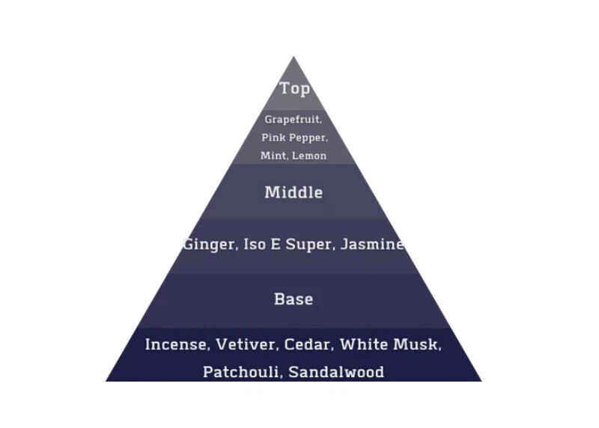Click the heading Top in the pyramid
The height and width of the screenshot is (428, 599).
pos(294,88)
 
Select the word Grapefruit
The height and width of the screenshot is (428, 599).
pos(292,120)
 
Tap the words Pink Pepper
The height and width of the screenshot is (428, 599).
pos(294,138)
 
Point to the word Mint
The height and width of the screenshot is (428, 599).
pos(273,156)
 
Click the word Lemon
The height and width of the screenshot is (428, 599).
pos(309,156)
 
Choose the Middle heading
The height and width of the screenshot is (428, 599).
pos(294,192)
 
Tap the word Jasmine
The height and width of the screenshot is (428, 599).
pos(371,244)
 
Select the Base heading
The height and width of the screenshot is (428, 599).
pos(294,299)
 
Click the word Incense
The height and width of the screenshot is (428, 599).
pos(176,344)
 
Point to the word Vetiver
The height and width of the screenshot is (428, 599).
pos(246,344)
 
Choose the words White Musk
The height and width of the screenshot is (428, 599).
pos(389,344)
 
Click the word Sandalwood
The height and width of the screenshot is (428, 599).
pos(336,372)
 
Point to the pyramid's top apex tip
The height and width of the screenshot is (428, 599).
pos(294,57)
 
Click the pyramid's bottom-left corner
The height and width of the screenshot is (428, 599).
pos(106,381)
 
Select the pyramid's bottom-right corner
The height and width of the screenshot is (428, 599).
pos(482,381)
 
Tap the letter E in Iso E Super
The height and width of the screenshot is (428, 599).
pos(276,244)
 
